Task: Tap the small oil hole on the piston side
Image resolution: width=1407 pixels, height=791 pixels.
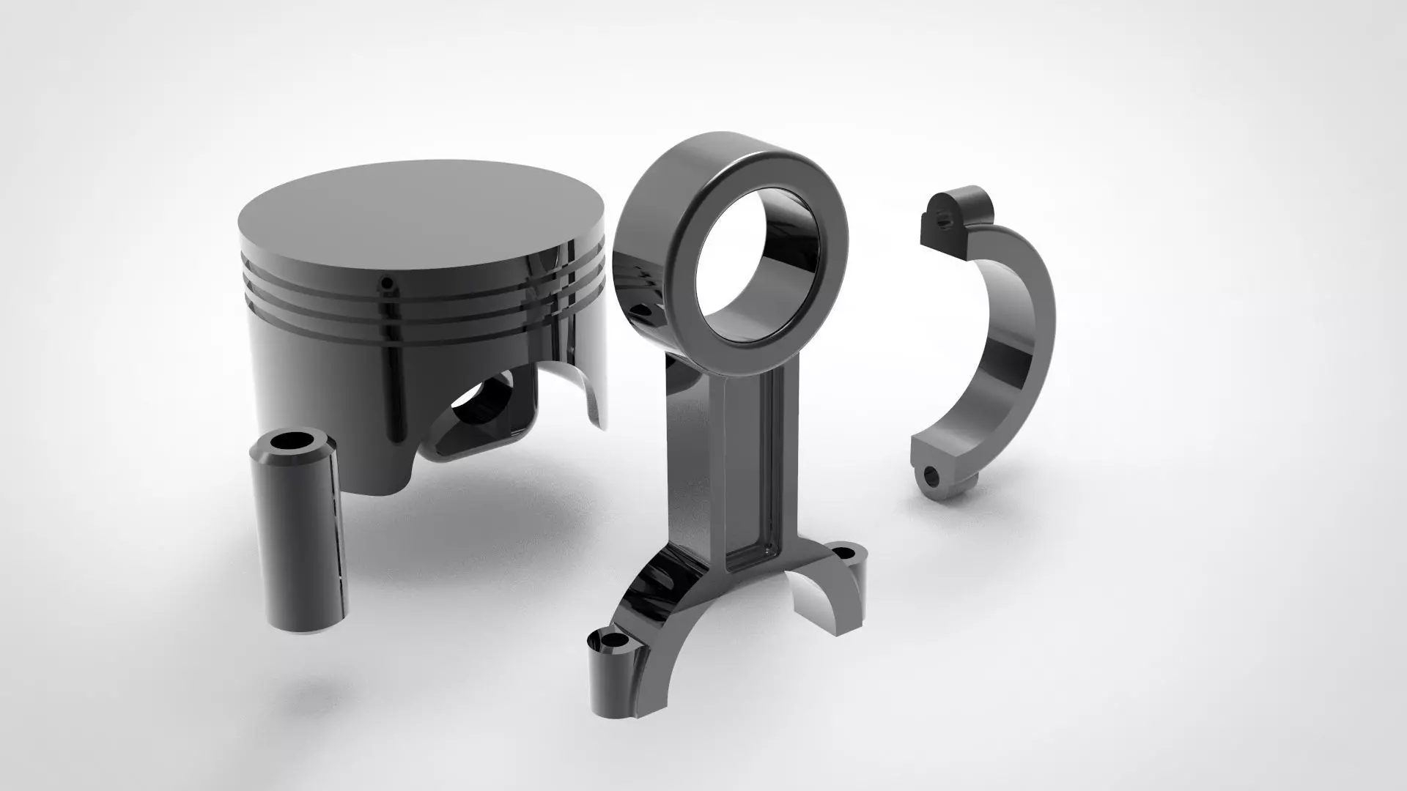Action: [x=388, y=282]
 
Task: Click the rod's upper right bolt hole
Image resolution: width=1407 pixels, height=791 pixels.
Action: [x=846, y=549]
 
